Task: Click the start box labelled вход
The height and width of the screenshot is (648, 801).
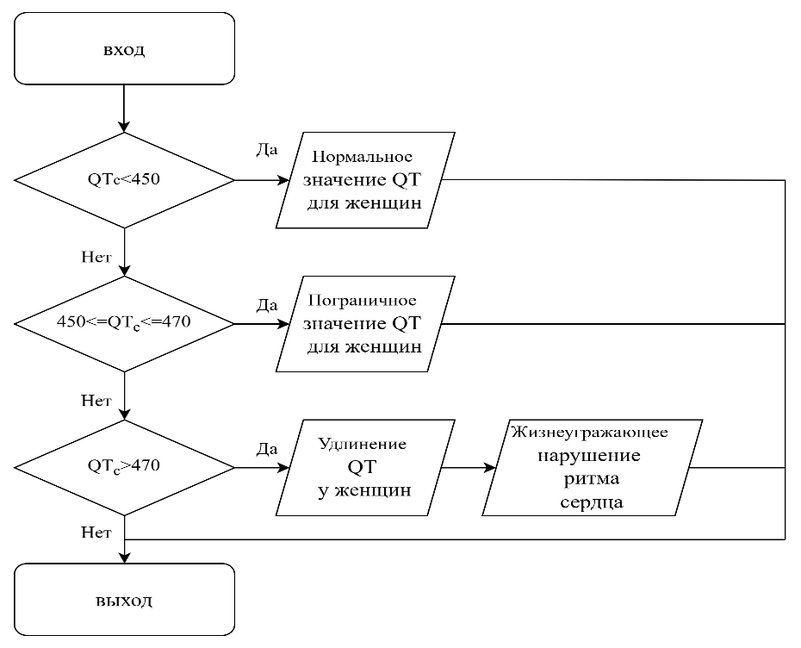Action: (x=124, y=49)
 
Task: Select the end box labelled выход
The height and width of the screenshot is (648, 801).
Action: (x=124, y=600)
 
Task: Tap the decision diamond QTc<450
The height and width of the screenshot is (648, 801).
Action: (x=124, y=180)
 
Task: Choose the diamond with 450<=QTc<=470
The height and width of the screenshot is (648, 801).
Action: (x=124, y=323)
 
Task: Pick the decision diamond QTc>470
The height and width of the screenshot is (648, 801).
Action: (x=124, y=467)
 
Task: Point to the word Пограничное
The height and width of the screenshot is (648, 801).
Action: (x=362, y=301)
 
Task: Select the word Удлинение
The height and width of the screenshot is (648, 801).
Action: (x=362, y=445)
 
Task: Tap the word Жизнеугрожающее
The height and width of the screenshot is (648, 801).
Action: (x=589, y=432)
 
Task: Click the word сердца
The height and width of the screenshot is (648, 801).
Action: (x=590, y=503)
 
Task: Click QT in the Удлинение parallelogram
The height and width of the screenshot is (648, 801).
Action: (x=362, y=467)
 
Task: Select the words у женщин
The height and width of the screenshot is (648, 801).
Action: (x=363, y=490)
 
